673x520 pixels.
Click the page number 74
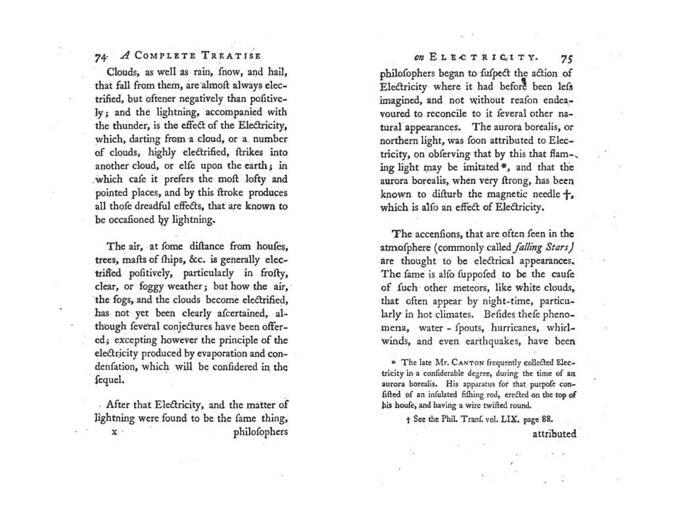[x=101, y=57]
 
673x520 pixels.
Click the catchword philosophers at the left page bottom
[x=260, y=433]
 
